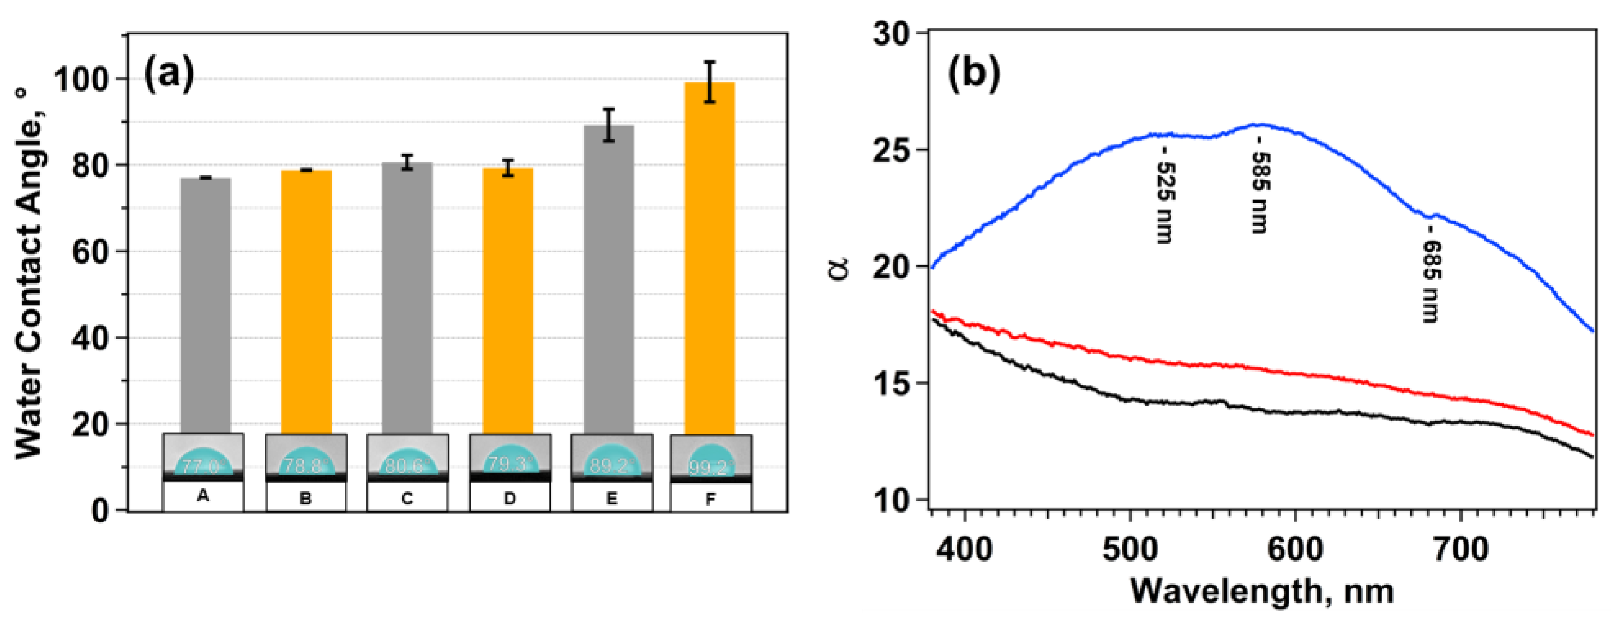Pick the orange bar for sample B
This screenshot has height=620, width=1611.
(x=306, y=300)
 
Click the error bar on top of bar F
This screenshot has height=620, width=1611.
(x=709, y=82)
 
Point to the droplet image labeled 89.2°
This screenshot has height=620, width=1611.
(x=612, y=458)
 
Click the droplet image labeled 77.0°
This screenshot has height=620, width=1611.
(x=203, y=458)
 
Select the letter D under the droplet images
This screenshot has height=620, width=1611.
(x=510, y=499)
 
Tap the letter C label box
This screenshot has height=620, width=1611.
(x=407, y=499)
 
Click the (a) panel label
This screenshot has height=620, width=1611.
(x=169, y=74)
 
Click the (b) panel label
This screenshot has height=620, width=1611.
(x=973, y=72)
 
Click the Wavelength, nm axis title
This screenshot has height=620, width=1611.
(x=1261, y=591)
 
